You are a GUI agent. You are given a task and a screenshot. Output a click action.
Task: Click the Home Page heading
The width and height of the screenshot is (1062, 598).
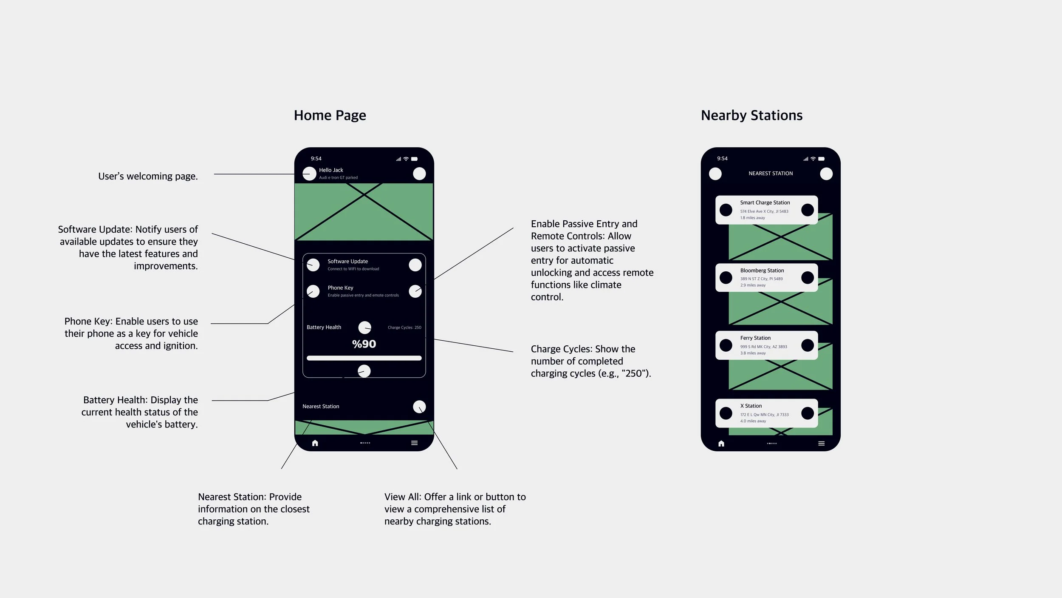pos(330,115)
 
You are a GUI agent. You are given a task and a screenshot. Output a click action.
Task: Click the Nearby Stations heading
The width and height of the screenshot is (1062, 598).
pos(751,115)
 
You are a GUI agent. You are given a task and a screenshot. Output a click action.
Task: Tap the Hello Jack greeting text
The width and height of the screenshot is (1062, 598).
pos(331,170)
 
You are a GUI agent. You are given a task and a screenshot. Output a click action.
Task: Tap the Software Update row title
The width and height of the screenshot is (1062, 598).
pos(347,261)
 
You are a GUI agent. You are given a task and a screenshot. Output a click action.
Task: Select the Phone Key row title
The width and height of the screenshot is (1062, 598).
pos(340,288)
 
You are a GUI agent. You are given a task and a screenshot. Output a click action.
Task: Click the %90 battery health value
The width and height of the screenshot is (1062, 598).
pos(364,344)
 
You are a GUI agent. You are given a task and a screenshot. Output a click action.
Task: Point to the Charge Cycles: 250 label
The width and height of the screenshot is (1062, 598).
pos(404,327)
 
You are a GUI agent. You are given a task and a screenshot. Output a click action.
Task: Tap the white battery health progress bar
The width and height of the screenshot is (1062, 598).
pos(364,358)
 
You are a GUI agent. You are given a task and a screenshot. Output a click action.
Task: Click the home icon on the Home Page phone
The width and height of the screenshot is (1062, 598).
pos(315,443)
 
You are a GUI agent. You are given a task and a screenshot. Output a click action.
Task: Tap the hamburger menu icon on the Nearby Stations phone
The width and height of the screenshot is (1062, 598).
pos(821,444)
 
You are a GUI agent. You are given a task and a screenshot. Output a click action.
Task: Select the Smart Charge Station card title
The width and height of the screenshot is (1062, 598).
pos(765,203)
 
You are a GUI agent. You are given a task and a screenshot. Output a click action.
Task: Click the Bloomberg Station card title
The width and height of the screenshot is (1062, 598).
pos(762,271)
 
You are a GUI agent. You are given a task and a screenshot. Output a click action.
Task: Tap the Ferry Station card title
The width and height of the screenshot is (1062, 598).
pos(755,338)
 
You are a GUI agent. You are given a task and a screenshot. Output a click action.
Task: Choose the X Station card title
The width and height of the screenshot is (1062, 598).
pos(751,406)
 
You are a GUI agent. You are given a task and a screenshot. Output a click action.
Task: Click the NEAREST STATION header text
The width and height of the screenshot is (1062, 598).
pos(771,174)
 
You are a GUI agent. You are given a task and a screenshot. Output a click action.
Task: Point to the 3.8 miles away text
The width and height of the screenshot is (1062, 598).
pos(753,353)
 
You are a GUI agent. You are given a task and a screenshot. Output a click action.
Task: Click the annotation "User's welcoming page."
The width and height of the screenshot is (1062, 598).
pos(148,176)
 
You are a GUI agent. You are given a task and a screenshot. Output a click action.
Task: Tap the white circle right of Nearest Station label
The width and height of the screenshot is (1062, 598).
pos(419,407)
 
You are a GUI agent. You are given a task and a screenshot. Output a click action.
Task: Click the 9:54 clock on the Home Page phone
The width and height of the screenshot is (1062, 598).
pos(316,159)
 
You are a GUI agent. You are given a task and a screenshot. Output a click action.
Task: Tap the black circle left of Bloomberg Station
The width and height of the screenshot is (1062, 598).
pos(726,278)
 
